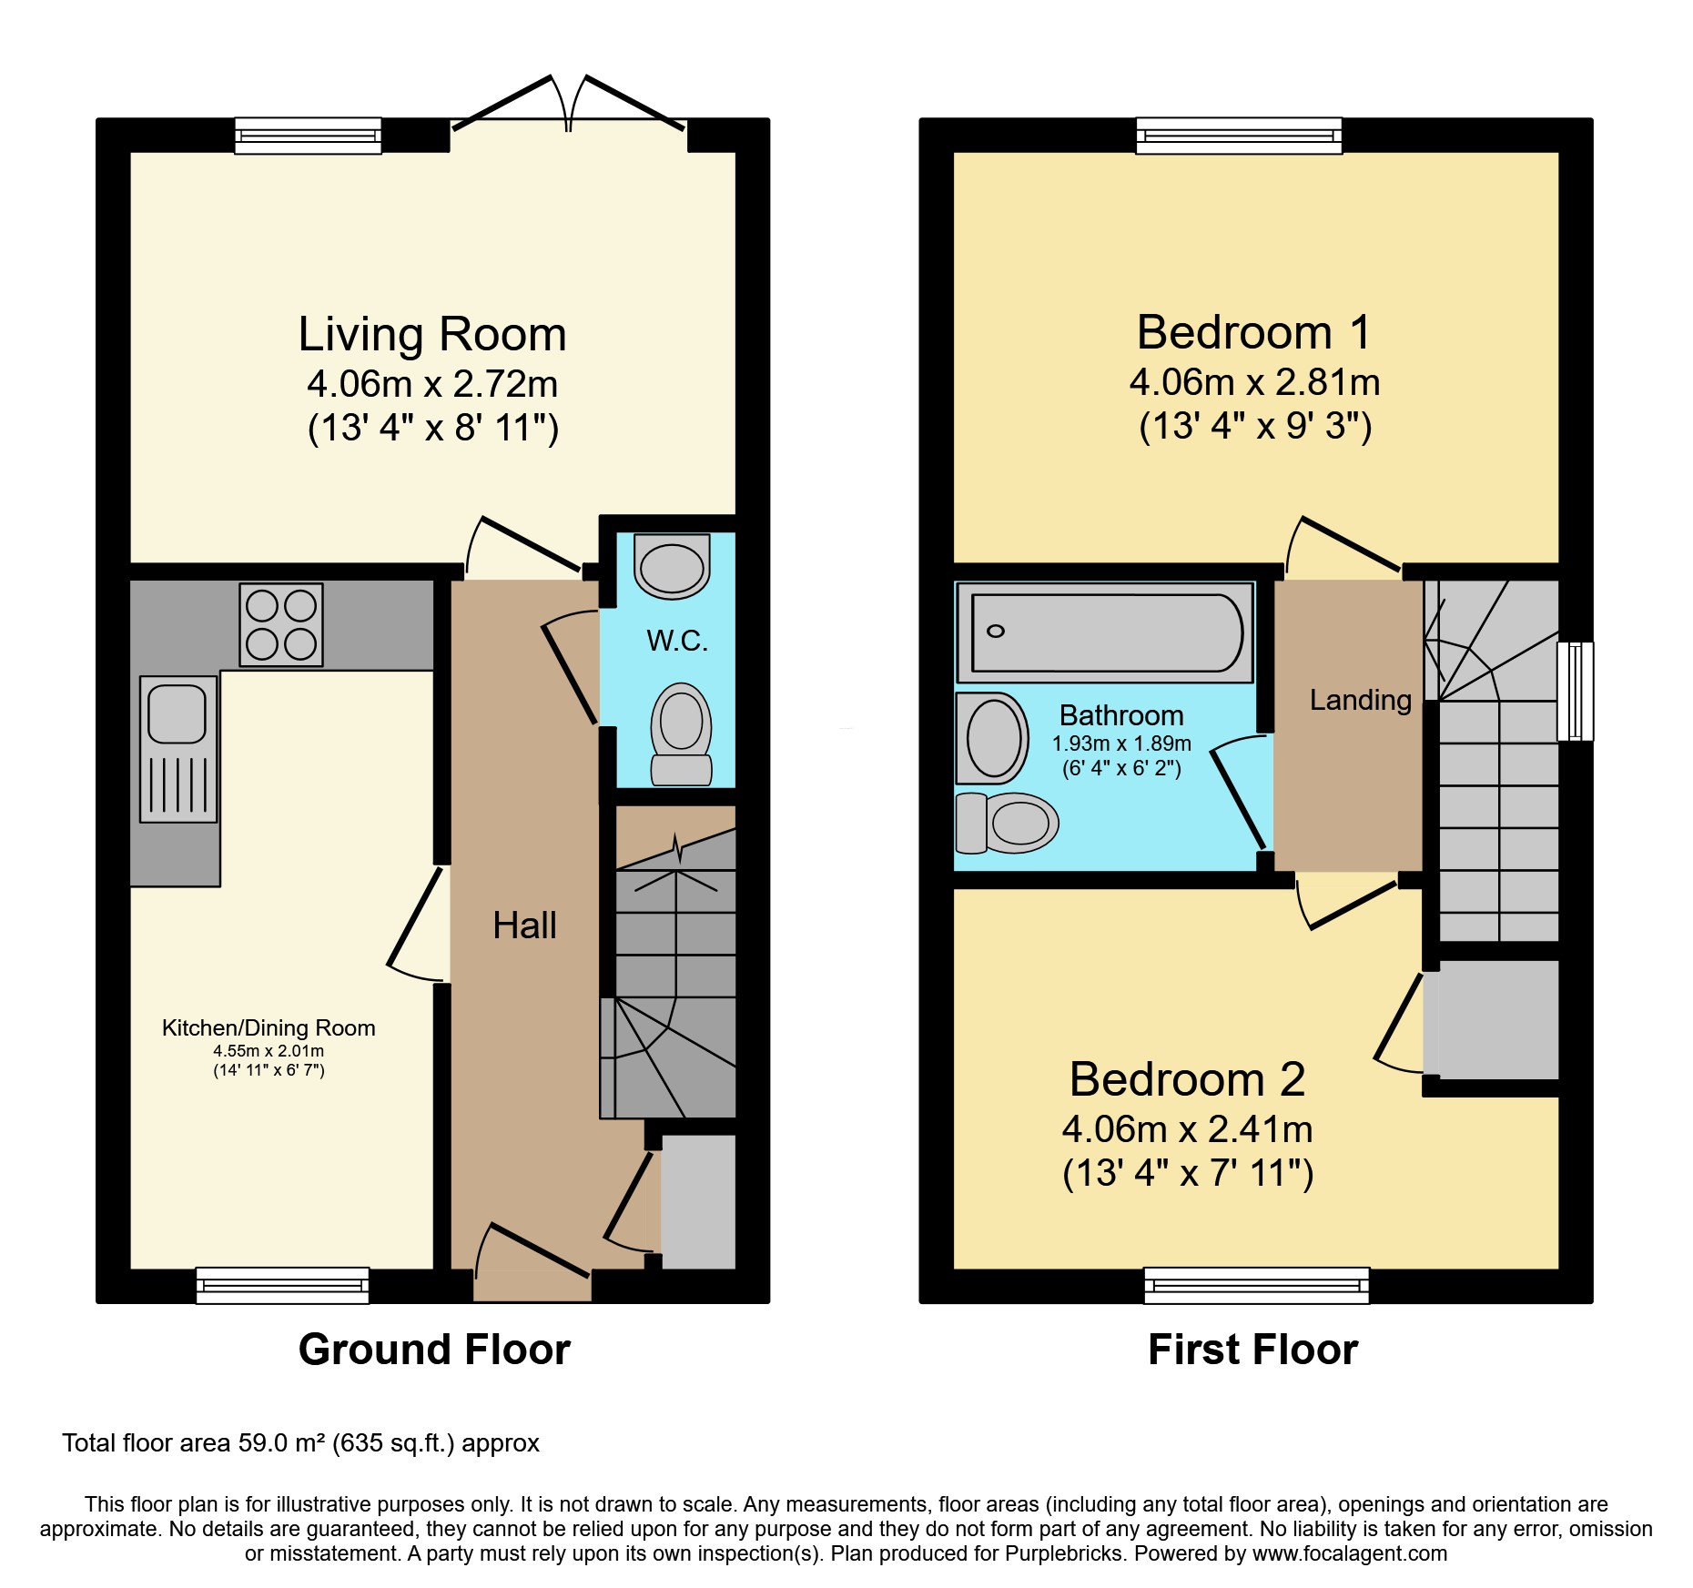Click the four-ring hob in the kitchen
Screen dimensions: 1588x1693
point(281,624)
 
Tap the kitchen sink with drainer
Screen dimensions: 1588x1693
point(178,748)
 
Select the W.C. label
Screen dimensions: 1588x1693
point(677,641)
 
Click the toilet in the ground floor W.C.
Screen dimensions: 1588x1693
point(681,734)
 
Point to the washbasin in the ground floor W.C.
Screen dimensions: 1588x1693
point(672,566)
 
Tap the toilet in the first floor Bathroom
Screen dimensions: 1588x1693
point(1008,823)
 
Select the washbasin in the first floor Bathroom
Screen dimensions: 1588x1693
point(992,738)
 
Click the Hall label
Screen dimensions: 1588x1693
point(524,925)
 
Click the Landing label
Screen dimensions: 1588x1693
point(1360,700)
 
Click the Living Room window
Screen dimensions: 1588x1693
point(308,136)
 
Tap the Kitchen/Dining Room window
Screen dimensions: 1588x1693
point(282,1285)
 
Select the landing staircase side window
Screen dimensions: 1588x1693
point(1575,691)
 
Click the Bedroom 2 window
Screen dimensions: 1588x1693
point(1256,1285)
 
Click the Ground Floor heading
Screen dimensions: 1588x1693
point(434,1349)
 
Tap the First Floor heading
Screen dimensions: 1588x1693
point(1252,1349)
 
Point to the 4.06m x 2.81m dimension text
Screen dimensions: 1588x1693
point(1254,382)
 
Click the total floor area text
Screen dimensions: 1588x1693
point(300,1443)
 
